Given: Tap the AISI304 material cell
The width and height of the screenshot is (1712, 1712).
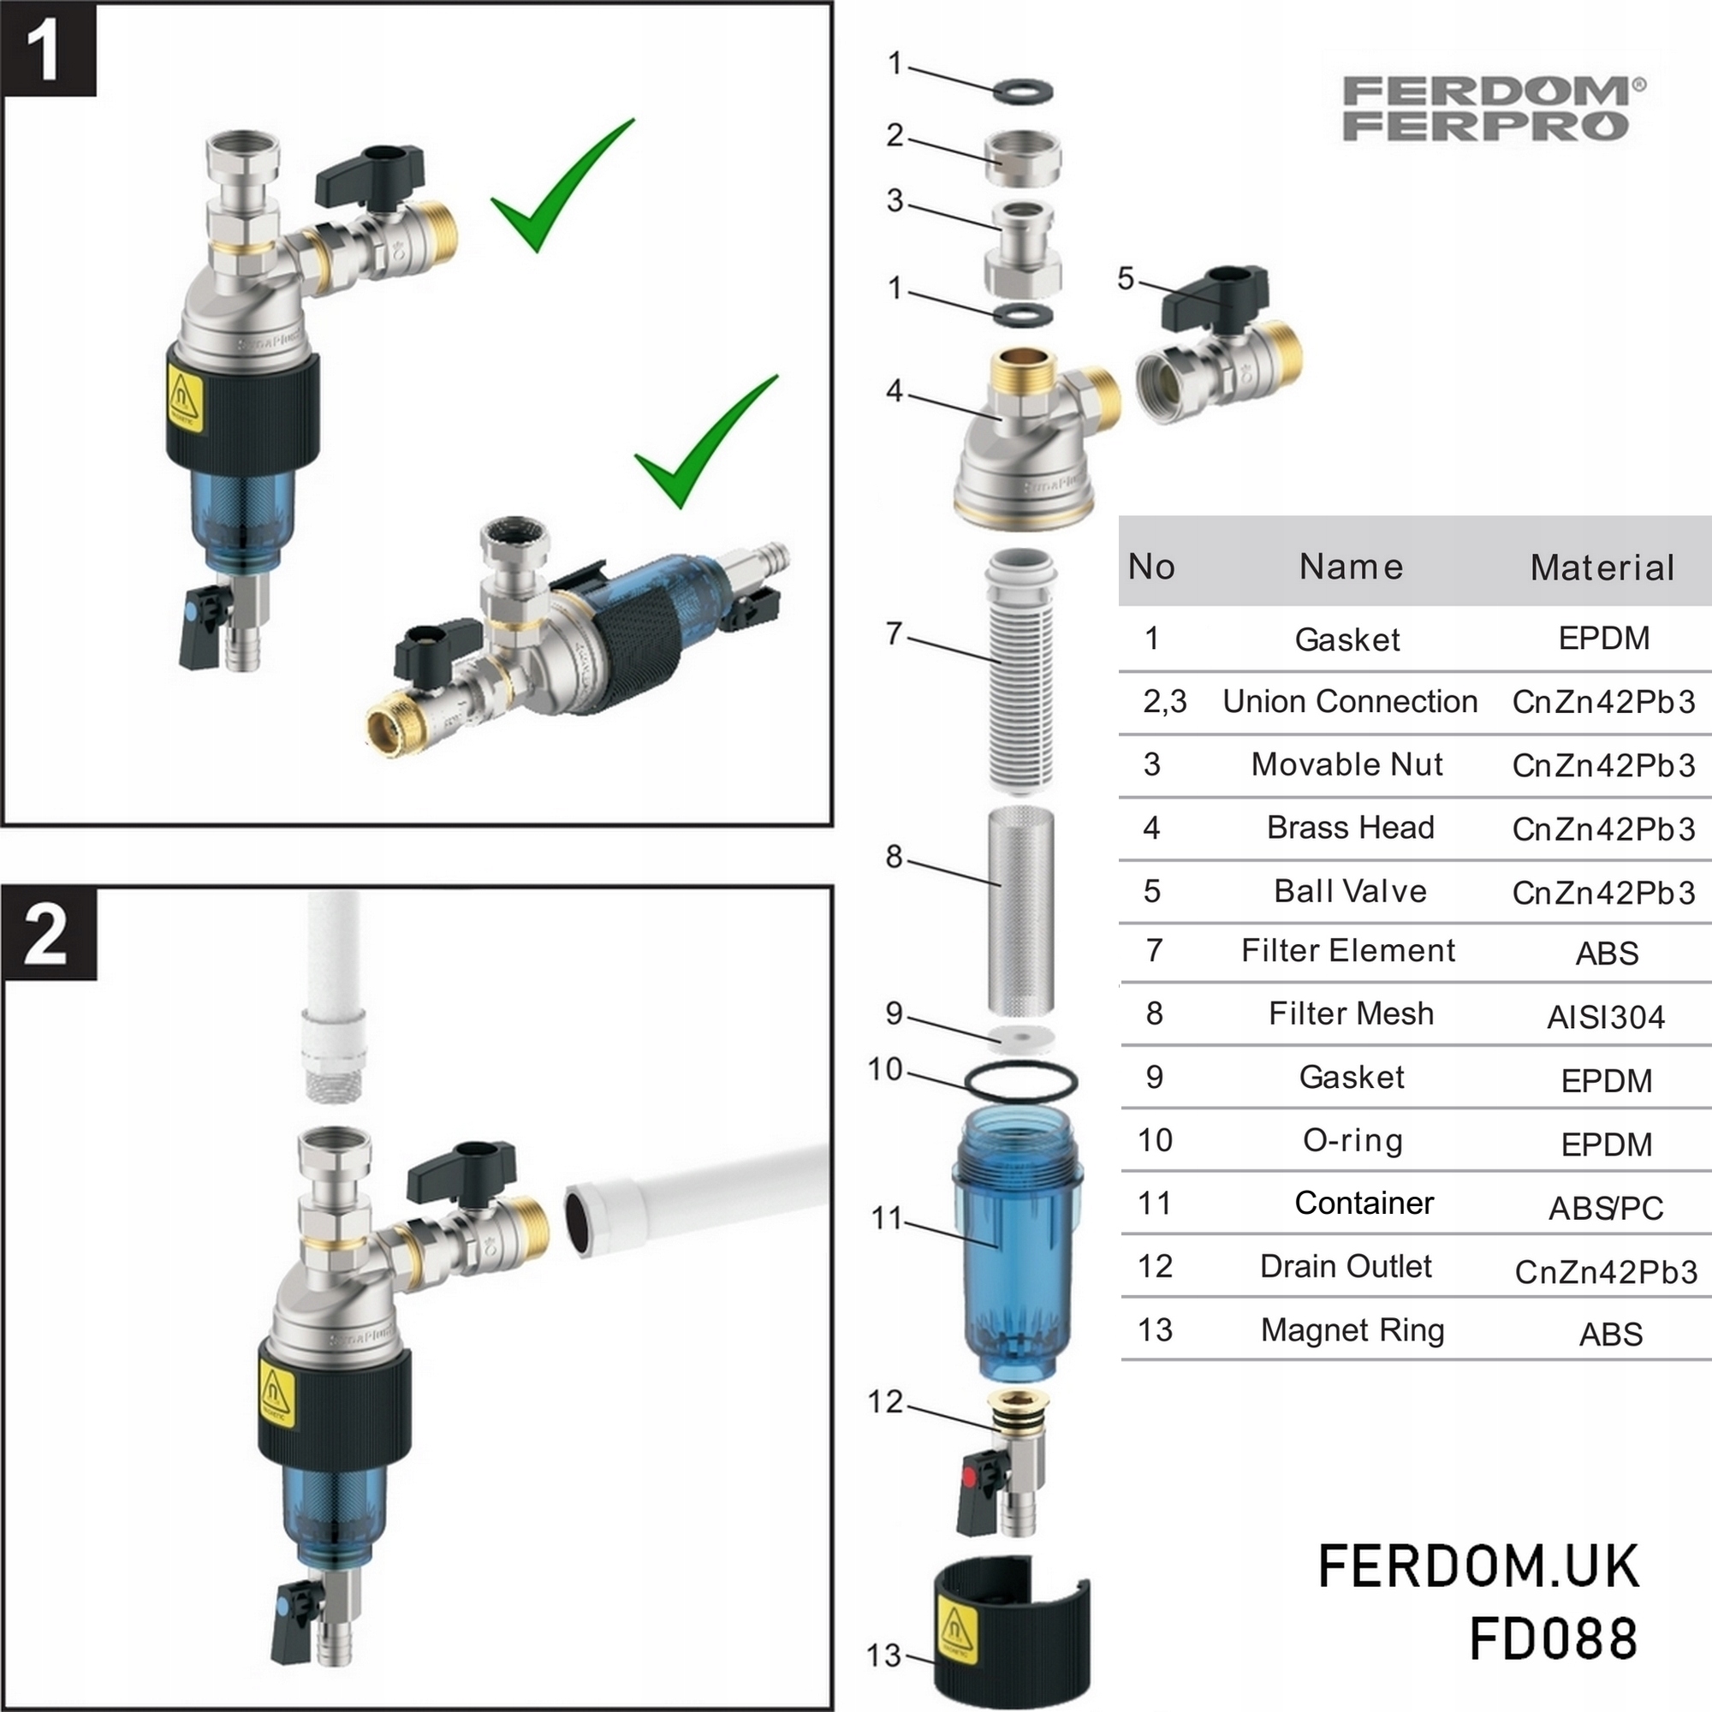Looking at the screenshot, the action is [x=1606, y=1017].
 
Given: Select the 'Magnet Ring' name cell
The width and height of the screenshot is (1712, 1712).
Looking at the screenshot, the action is [x=1352, y=1330].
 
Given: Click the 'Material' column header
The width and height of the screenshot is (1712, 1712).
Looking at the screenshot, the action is [x=1602, y=568].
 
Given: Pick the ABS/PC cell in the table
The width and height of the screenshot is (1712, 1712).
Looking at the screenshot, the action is [x=1606, y=1208].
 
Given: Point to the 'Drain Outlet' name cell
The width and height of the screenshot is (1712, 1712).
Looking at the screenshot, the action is [x=1346, y=1266].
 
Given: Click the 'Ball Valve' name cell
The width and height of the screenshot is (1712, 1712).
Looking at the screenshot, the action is [x=1351, y=890].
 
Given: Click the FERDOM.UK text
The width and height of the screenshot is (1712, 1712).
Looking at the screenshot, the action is [x=1478, y=1566].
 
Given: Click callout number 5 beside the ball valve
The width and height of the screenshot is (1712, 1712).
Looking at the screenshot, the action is [x=1126, y=278].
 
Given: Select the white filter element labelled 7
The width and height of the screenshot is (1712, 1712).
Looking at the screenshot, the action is [x=1021, y=669].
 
